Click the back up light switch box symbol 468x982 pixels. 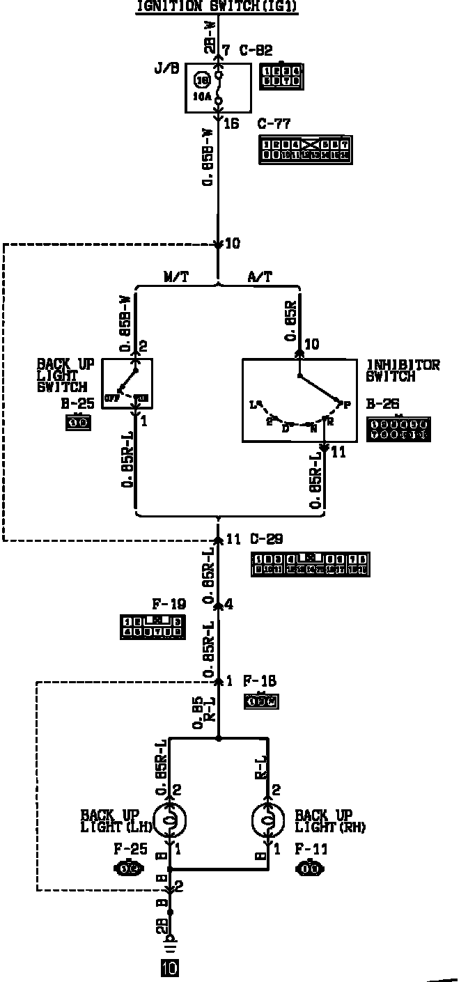pyautogui.click(x=127, y=383)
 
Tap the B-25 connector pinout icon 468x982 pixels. pyautogui.click(x=79, y=422)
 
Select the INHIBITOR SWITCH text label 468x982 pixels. pyautogui.click(x=403, y=371)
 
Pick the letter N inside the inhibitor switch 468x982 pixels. pyautogui.click(x=313, y=429)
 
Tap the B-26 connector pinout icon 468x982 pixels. pyautogui.click(x=398, y=429)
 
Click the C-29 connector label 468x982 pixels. pyautogui.click(x=265, y=538)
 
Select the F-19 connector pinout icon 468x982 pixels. pyautogui.click(x=152, y=627)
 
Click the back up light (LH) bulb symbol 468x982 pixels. pyautogui.click(x=169, y=821)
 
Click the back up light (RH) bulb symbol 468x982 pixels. pyautogui.click(x=269, y=821)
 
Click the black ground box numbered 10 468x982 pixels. pyautogui.click(x=169, y=967)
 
